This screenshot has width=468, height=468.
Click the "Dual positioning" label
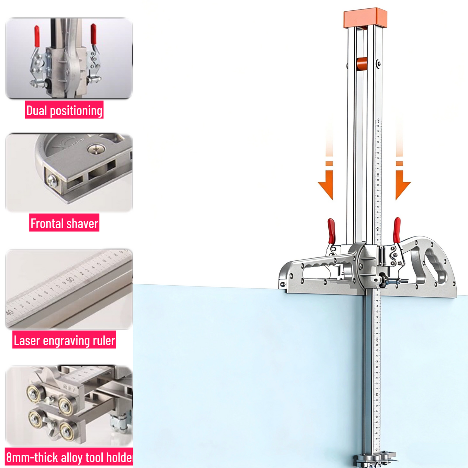64,110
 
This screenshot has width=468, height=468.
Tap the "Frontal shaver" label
64,223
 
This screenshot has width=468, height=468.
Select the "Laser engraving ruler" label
64,340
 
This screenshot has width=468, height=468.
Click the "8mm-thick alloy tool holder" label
69,457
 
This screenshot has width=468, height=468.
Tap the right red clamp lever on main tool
397,229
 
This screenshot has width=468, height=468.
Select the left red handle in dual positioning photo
37,35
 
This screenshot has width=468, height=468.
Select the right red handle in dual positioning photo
93,34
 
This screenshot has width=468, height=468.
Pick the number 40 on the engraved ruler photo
10,313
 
